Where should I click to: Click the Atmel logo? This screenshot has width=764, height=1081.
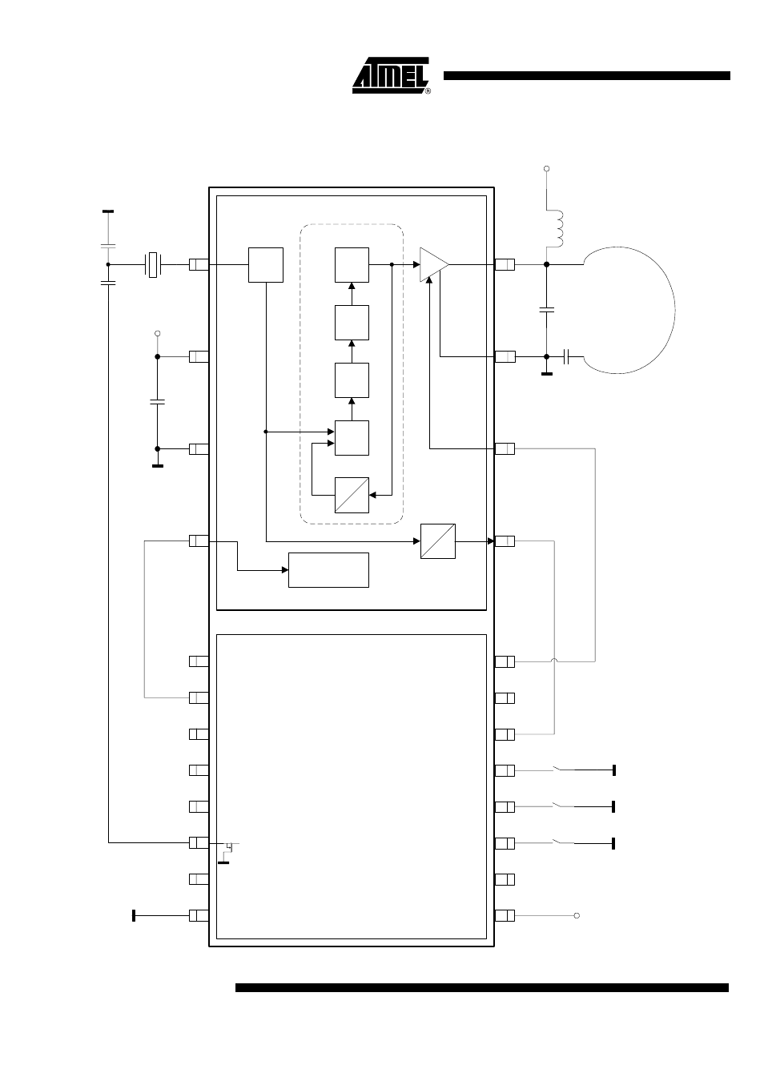(x=391, y=75)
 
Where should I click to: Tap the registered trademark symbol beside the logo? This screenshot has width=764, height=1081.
(x=428, y=90)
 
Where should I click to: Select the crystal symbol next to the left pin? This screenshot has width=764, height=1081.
(x=153, y=264)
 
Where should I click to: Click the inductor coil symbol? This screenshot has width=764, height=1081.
(x=557, y=229)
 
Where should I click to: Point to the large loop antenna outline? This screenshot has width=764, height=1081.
(x=675, y=311)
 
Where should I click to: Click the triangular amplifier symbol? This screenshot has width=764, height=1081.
(x=434, y=264)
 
